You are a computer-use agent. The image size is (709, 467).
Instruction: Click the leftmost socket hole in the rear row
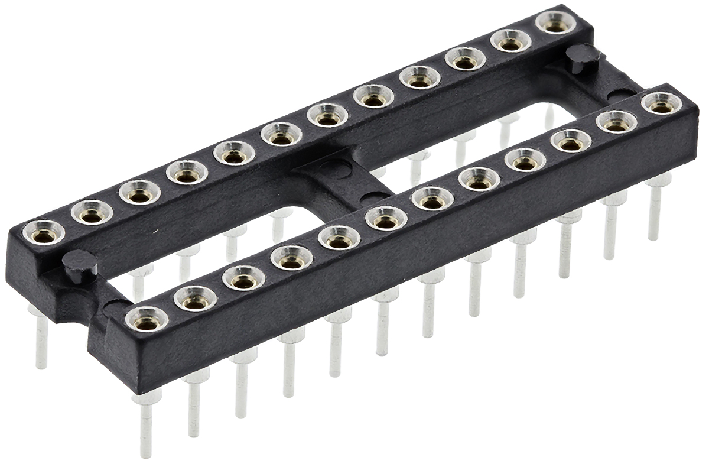coord(44,235)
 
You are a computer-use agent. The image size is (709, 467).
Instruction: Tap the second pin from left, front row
coord(194,405)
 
